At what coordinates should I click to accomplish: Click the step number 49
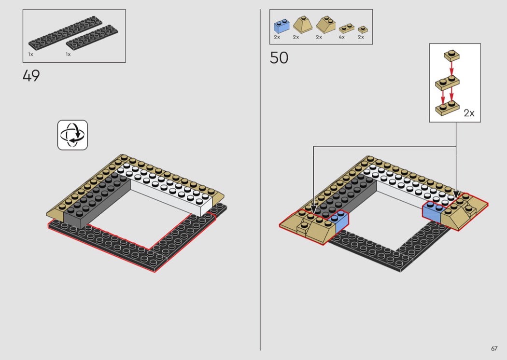31,76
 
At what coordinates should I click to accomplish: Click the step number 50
279,58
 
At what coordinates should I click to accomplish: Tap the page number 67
494,348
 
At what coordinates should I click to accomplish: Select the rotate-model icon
72,135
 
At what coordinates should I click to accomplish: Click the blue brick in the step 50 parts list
282,26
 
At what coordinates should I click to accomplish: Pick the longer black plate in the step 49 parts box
65,32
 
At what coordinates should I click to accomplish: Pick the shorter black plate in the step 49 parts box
92,39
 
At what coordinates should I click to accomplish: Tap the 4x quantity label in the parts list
342,37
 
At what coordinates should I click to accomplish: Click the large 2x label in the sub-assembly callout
469,113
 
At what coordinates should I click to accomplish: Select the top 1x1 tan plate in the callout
451,55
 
